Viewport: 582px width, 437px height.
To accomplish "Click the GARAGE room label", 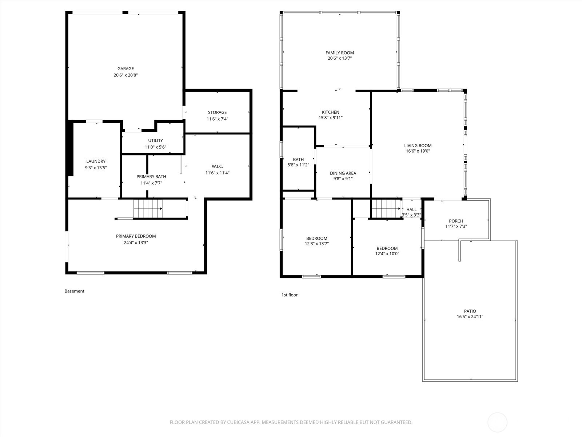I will (125, 68).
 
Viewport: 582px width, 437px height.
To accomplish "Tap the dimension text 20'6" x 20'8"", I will (125, 75).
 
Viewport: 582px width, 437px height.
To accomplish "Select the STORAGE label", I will (217, 112).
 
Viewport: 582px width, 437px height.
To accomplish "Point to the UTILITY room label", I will (155, 141).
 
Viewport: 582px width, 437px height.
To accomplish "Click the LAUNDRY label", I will (96, 161).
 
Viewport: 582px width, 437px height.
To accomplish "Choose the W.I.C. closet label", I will (217, 166).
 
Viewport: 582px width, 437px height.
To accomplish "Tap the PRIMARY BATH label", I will (151, 177).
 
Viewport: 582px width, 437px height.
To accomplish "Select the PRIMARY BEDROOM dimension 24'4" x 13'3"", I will (136, 243).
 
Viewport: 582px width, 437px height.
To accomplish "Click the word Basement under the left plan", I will (74, 291).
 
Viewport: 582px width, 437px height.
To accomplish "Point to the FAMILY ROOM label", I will (339, 53).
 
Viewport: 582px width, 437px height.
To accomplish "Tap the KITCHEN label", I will (330, 112).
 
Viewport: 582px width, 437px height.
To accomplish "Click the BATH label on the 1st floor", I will (298, 160).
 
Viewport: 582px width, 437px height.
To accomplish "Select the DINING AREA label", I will (343, 173).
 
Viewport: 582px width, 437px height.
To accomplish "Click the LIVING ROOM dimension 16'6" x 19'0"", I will (418, 151).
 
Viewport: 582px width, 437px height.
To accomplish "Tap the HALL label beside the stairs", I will (411, 209).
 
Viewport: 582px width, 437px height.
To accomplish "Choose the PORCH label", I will (456, 221).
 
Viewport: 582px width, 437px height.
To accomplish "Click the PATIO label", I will (470, 311).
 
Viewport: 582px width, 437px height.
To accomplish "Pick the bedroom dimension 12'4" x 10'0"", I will (387, 254).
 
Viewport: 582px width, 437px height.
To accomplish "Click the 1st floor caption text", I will (289, 295).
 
